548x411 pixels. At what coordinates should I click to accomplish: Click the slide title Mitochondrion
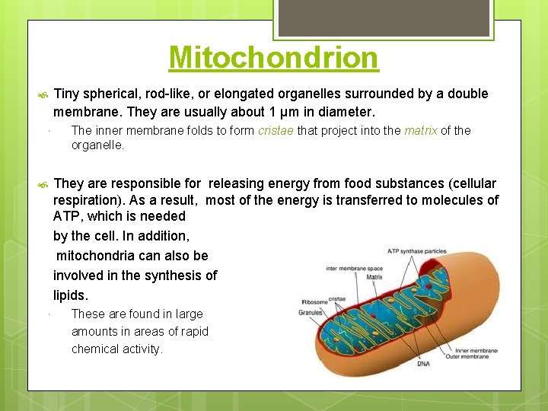273,57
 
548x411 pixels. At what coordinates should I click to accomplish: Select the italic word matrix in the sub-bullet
420,130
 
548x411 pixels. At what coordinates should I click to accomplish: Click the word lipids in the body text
71,295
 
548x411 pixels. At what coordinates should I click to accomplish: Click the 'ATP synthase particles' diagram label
416,250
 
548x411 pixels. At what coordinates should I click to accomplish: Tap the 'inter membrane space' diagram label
353,268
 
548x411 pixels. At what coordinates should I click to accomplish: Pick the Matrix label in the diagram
374,278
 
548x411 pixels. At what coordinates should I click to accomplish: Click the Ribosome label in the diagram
314,301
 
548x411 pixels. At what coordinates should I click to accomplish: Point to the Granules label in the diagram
311,311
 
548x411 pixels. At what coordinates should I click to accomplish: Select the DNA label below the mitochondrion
423,364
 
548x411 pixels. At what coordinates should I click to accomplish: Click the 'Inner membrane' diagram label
476,349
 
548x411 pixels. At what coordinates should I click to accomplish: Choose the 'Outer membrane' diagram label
476,356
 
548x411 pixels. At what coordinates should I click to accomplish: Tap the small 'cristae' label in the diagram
336,299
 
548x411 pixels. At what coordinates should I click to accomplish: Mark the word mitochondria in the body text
94,256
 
